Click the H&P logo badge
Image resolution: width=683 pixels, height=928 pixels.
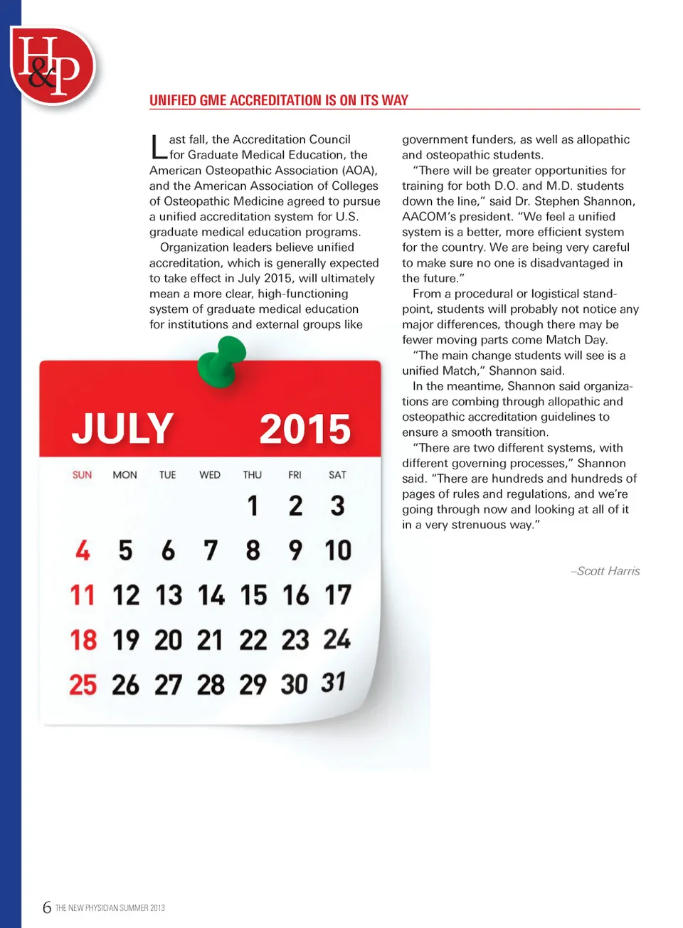52,65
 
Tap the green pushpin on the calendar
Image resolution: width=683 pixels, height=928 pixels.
222,362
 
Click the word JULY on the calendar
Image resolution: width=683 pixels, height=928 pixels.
122,428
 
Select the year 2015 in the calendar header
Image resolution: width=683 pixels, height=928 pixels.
305,429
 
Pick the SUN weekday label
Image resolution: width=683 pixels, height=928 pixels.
82,474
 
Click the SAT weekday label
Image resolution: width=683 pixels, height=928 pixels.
337,474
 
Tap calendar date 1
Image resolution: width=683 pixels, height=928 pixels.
253,506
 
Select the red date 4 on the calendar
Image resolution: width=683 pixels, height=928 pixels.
83,550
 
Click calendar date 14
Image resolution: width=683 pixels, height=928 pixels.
211,595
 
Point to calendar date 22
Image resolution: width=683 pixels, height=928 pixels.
253,640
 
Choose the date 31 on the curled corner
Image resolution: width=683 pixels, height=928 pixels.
333,683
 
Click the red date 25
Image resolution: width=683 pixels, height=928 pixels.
83,685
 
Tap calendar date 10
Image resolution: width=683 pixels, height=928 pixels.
338,550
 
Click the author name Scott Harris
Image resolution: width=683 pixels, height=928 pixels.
608,571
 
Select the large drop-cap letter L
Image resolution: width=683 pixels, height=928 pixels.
158,147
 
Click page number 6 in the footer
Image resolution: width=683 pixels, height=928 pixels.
47,907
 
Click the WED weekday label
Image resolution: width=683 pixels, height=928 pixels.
210,474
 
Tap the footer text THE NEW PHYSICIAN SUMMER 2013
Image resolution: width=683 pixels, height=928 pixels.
110,908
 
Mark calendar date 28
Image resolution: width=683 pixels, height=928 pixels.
211,685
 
